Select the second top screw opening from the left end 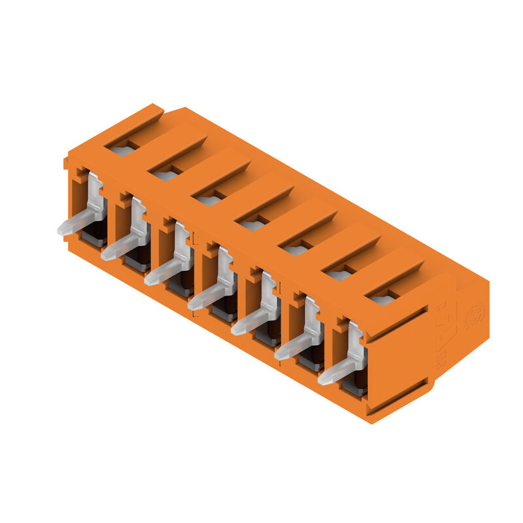tap(166, 175)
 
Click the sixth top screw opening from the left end tap(339, 275)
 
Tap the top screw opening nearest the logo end tap(382, 300)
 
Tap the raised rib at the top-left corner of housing tap(134, 118)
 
